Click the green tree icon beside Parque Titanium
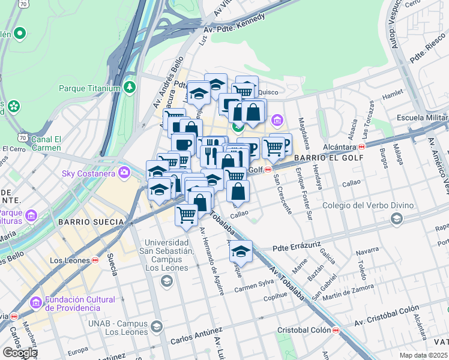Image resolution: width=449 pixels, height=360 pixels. (130, 88)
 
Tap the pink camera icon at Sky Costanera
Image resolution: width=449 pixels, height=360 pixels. (124, 174)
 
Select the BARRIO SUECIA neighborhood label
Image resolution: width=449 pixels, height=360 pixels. (91, 221)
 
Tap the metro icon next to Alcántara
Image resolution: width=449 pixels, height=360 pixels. (362, 146)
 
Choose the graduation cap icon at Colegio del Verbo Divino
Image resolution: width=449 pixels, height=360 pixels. (396, 219)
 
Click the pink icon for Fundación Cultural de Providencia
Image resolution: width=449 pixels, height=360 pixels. (35, 304)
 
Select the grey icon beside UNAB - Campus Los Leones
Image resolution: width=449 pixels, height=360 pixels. (157, 327)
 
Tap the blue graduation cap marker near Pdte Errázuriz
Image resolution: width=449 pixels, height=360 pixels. (241, 251)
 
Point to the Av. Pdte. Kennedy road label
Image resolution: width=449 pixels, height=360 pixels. (234, 23)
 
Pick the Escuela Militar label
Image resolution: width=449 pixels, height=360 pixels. (422, 117)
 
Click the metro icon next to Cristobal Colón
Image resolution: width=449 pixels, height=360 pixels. (336, 331)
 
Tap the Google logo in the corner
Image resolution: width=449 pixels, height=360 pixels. (19, 352)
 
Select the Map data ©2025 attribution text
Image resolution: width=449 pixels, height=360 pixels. (423, 355)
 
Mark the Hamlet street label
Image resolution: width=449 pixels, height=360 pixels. (393, 94)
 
